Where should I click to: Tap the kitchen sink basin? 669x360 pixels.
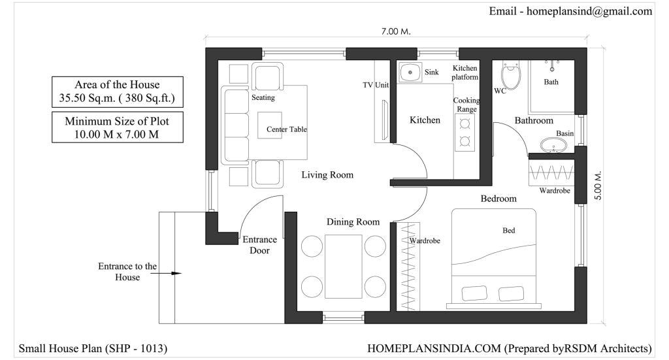410,72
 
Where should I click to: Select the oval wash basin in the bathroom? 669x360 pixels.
553,146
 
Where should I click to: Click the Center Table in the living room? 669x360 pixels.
270,125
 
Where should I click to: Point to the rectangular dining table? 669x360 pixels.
344,266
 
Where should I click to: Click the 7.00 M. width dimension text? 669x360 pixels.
396,31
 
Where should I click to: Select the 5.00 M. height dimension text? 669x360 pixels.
598,186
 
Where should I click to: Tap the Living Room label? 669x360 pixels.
327,174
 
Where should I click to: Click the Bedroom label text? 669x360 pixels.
498,199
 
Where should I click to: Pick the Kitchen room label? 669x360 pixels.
425,120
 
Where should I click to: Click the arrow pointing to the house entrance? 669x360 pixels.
166,273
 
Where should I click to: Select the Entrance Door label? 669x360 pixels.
259,245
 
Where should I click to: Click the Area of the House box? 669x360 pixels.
118,91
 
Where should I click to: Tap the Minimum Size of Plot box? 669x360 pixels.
118,127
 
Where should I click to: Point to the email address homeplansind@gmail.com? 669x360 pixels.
589,12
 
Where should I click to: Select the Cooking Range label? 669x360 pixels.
466,105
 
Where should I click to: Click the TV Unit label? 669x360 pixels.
376,85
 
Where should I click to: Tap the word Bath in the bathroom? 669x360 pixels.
551,82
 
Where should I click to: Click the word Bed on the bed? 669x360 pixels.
508,231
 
